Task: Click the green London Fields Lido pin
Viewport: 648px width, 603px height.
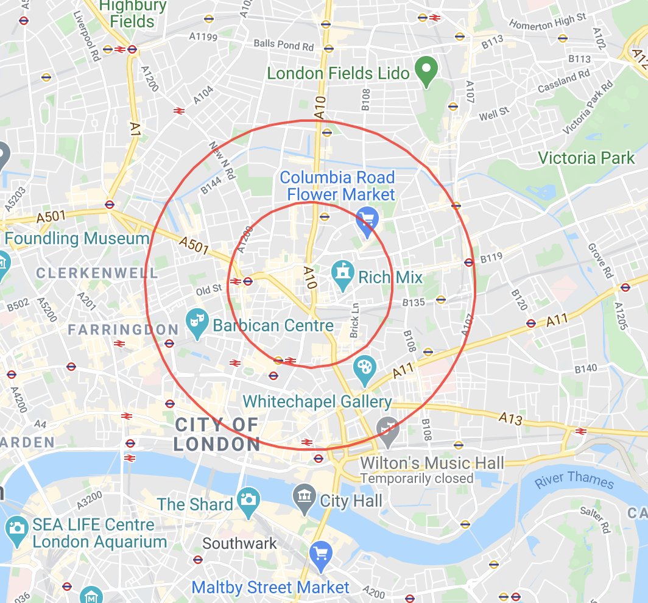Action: point(427,72)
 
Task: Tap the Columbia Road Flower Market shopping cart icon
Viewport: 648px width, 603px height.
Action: point(366,222)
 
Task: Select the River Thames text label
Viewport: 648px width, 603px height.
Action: point(574,480)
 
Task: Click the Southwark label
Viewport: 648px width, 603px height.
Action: point(239,543)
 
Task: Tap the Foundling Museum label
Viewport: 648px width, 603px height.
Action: point(77,238)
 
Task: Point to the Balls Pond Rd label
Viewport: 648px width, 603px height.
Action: point(283,45)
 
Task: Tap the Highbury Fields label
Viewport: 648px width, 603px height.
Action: point(132,14)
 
